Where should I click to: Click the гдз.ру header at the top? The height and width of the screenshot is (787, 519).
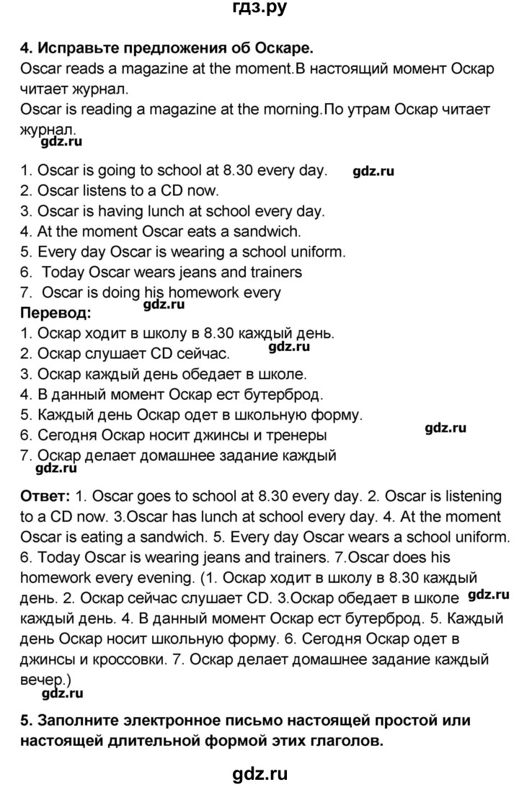pyautogui.click(x=259, y=9)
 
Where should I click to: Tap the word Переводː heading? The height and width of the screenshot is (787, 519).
pyautogui.click(x=56, y=314)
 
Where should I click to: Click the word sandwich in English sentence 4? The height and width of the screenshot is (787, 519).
pyautogui.click(x=269, y=232)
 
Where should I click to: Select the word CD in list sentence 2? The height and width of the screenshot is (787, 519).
pyautogui.click(x=167, y=192)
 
